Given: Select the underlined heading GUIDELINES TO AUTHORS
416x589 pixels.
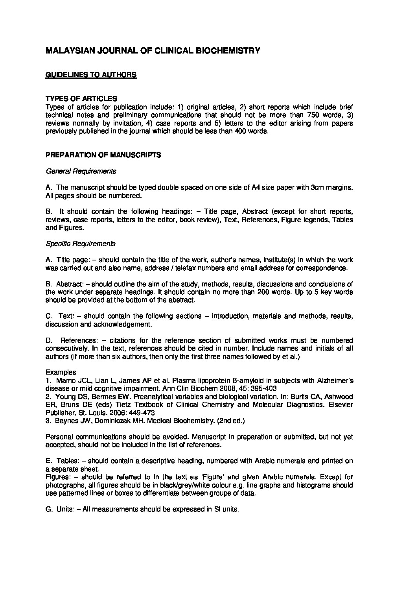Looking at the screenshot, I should [91, 75].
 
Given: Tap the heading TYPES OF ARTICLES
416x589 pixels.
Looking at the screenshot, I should [81, 98].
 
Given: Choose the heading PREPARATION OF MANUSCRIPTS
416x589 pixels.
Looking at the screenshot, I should [103, 155].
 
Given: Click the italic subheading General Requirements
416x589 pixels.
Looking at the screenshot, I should [81, 171].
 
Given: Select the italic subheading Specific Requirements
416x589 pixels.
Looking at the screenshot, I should [81, 244].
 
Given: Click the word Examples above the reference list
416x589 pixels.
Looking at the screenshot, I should [61, 372].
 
